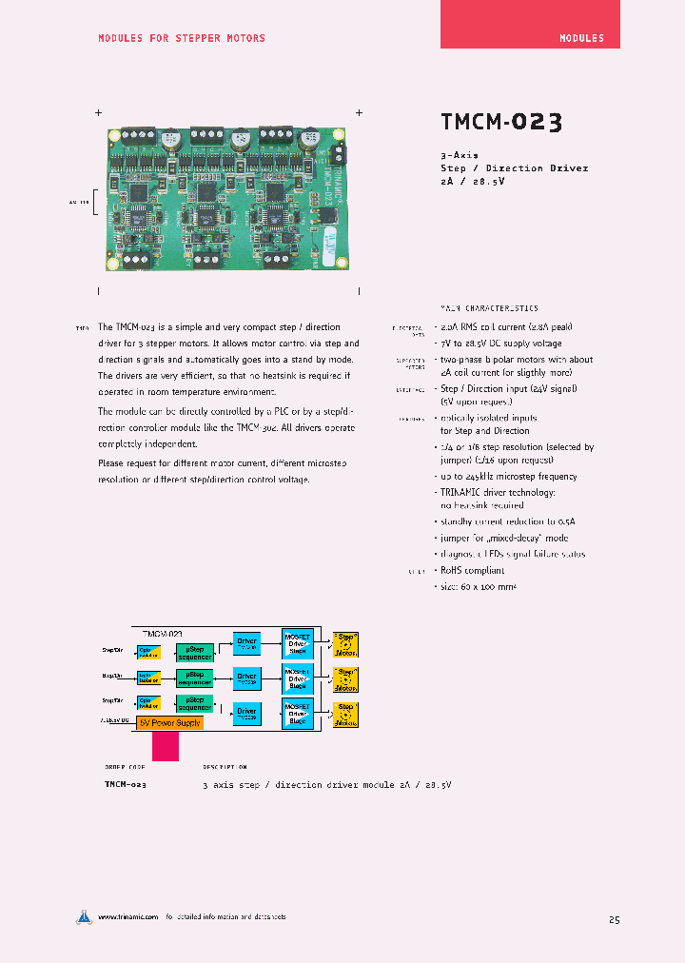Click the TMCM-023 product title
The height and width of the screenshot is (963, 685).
[501, 123]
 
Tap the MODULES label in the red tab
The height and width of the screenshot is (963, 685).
[581, 38]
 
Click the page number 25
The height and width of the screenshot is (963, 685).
[614, 919]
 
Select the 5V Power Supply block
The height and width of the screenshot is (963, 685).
[170, 722]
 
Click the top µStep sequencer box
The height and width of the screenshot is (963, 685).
[194, 652]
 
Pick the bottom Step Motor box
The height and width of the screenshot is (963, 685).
[345, 715]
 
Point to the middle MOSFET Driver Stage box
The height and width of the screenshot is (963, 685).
[298, 678]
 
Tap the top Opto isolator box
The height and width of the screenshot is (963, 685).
[149, 652]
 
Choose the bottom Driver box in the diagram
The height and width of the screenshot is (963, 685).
[247, 714]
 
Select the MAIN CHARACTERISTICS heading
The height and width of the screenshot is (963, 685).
[489, 308]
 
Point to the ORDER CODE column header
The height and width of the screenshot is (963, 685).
[125, 766]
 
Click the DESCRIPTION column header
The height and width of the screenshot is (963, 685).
[225, 766]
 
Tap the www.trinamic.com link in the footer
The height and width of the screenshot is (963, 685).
[127, 917]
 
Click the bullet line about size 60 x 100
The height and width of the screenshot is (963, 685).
[478, 586]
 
